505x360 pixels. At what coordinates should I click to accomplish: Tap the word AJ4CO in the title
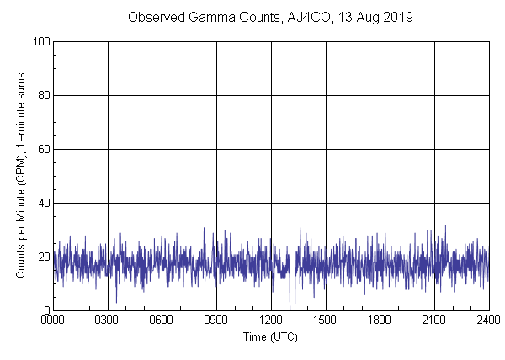click(296, 17)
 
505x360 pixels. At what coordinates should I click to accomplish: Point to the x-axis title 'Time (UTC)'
click(270, 336)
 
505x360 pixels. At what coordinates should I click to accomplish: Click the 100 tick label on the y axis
click(40, 41)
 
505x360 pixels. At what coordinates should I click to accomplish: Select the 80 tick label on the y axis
click(43, 95)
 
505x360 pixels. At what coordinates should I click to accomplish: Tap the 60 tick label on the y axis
click(43, 149)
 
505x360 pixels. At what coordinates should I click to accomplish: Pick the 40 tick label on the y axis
click(43, 203)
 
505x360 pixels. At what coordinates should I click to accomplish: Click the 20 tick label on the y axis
click(43, 257)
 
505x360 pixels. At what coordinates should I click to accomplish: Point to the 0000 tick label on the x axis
click(53, 320)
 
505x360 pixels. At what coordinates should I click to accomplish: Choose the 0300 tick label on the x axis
click(108, 320)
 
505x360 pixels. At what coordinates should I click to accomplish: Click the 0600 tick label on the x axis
click(162, 320)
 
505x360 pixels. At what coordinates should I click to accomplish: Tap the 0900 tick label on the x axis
click(216, 320)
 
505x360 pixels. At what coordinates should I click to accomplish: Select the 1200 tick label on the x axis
click(271, 320)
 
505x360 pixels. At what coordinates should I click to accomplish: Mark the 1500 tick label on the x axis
click(326, 320)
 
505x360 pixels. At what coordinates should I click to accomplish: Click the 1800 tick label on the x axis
click(380, 320)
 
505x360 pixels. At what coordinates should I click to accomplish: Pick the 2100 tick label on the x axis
click(434, 320)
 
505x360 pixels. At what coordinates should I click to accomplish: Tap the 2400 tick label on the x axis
click(488, 320)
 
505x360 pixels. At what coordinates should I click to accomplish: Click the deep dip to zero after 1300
click(290, 308)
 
